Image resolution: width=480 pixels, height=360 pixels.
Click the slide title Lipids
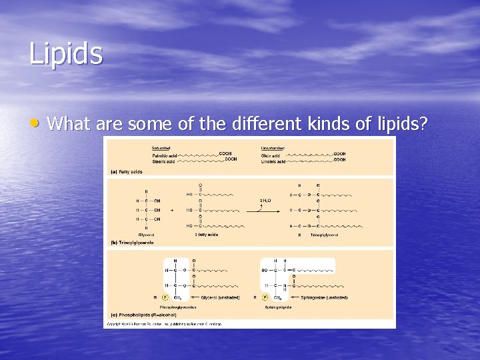(x=66, y=53)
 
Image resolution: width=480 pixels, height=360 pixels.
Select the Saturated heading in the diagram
(x=161, y=148)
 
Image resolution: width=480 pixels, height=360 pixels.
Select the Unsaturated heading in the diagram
(x=273, y=148)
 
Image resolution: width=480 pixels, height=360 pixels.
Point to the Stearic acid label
(x=163, y=161)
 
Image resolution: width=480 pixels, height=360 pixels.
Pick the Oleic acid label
(x=270, y=155)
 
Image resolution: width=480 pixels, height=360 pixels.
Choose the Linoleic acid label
(x=273, y=161)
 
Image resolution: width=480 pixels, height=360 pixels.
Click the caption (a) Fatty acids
(x=126, y=171)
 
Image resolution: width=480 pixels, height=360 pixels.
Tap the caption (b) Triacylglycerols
(x=132, y=243)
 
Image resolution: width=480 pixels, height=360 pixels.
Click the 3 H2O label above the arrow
(x=265, y=200)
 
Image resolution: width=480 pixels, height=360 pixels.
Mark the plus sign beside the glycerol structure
(x=172, y=209)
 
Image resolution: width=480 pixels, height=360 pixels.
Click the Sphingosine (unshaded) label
(x=324, y=297)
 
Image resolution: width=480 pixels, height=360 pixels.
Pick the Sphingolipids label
(x=277, y=307)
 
